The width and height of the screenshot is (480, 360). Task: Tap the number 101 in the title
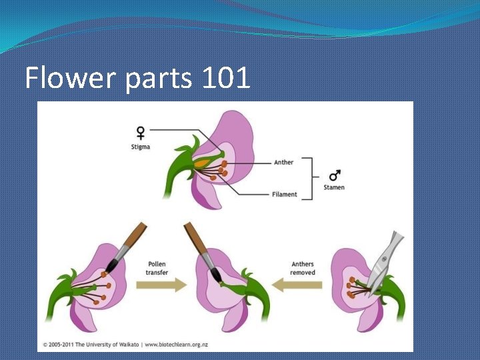pos(223,79)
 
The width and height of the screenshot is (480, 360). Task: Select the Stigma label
pos(141,147)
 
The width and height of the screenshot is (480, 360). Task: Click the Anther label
pos(283,162)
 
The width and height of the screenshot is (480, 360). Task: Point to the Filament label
pos(285,195)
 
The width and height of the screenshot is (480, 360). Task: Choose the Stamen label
pos(334,188)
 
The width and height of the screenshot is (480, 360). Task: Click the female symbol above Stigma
pos(141,133)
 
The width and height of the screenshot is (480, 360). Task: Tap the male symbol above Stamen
pos(335,176)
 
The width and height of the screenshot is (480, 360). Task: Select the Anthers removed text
pos(303,268)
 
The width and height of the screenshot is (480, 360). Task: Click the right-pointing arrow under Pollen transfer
pos(161,286)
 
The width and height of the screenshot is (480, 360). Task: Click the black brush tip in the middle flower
pos(215,275)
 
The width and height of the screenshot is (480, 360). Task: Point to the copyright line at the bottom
pos(133,345)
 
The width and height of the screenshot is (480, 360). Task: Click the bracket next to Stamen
pos(308,178)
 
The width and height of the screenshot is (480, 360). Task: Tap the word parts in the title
pos(155,79)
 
